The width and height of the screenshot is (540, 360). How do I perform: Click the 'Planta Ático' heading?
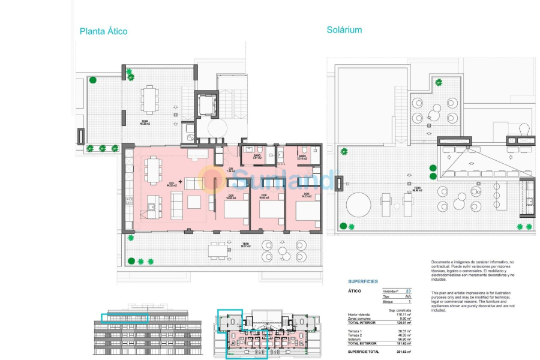(103, 31)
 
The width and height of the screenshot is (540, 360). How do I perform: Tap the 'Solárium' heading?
(344, 29)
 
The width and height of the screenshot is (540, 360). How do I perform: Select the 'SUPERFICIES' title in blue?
(363, 281)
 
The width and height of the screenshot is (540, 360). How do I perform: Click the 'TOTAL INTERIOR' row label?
(362, 323)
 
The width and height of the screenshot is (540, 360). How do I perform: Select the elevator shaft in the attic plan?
(207, 106)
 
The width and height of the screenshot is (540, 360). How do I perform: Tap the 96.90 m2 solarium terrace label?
(416, 190)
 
